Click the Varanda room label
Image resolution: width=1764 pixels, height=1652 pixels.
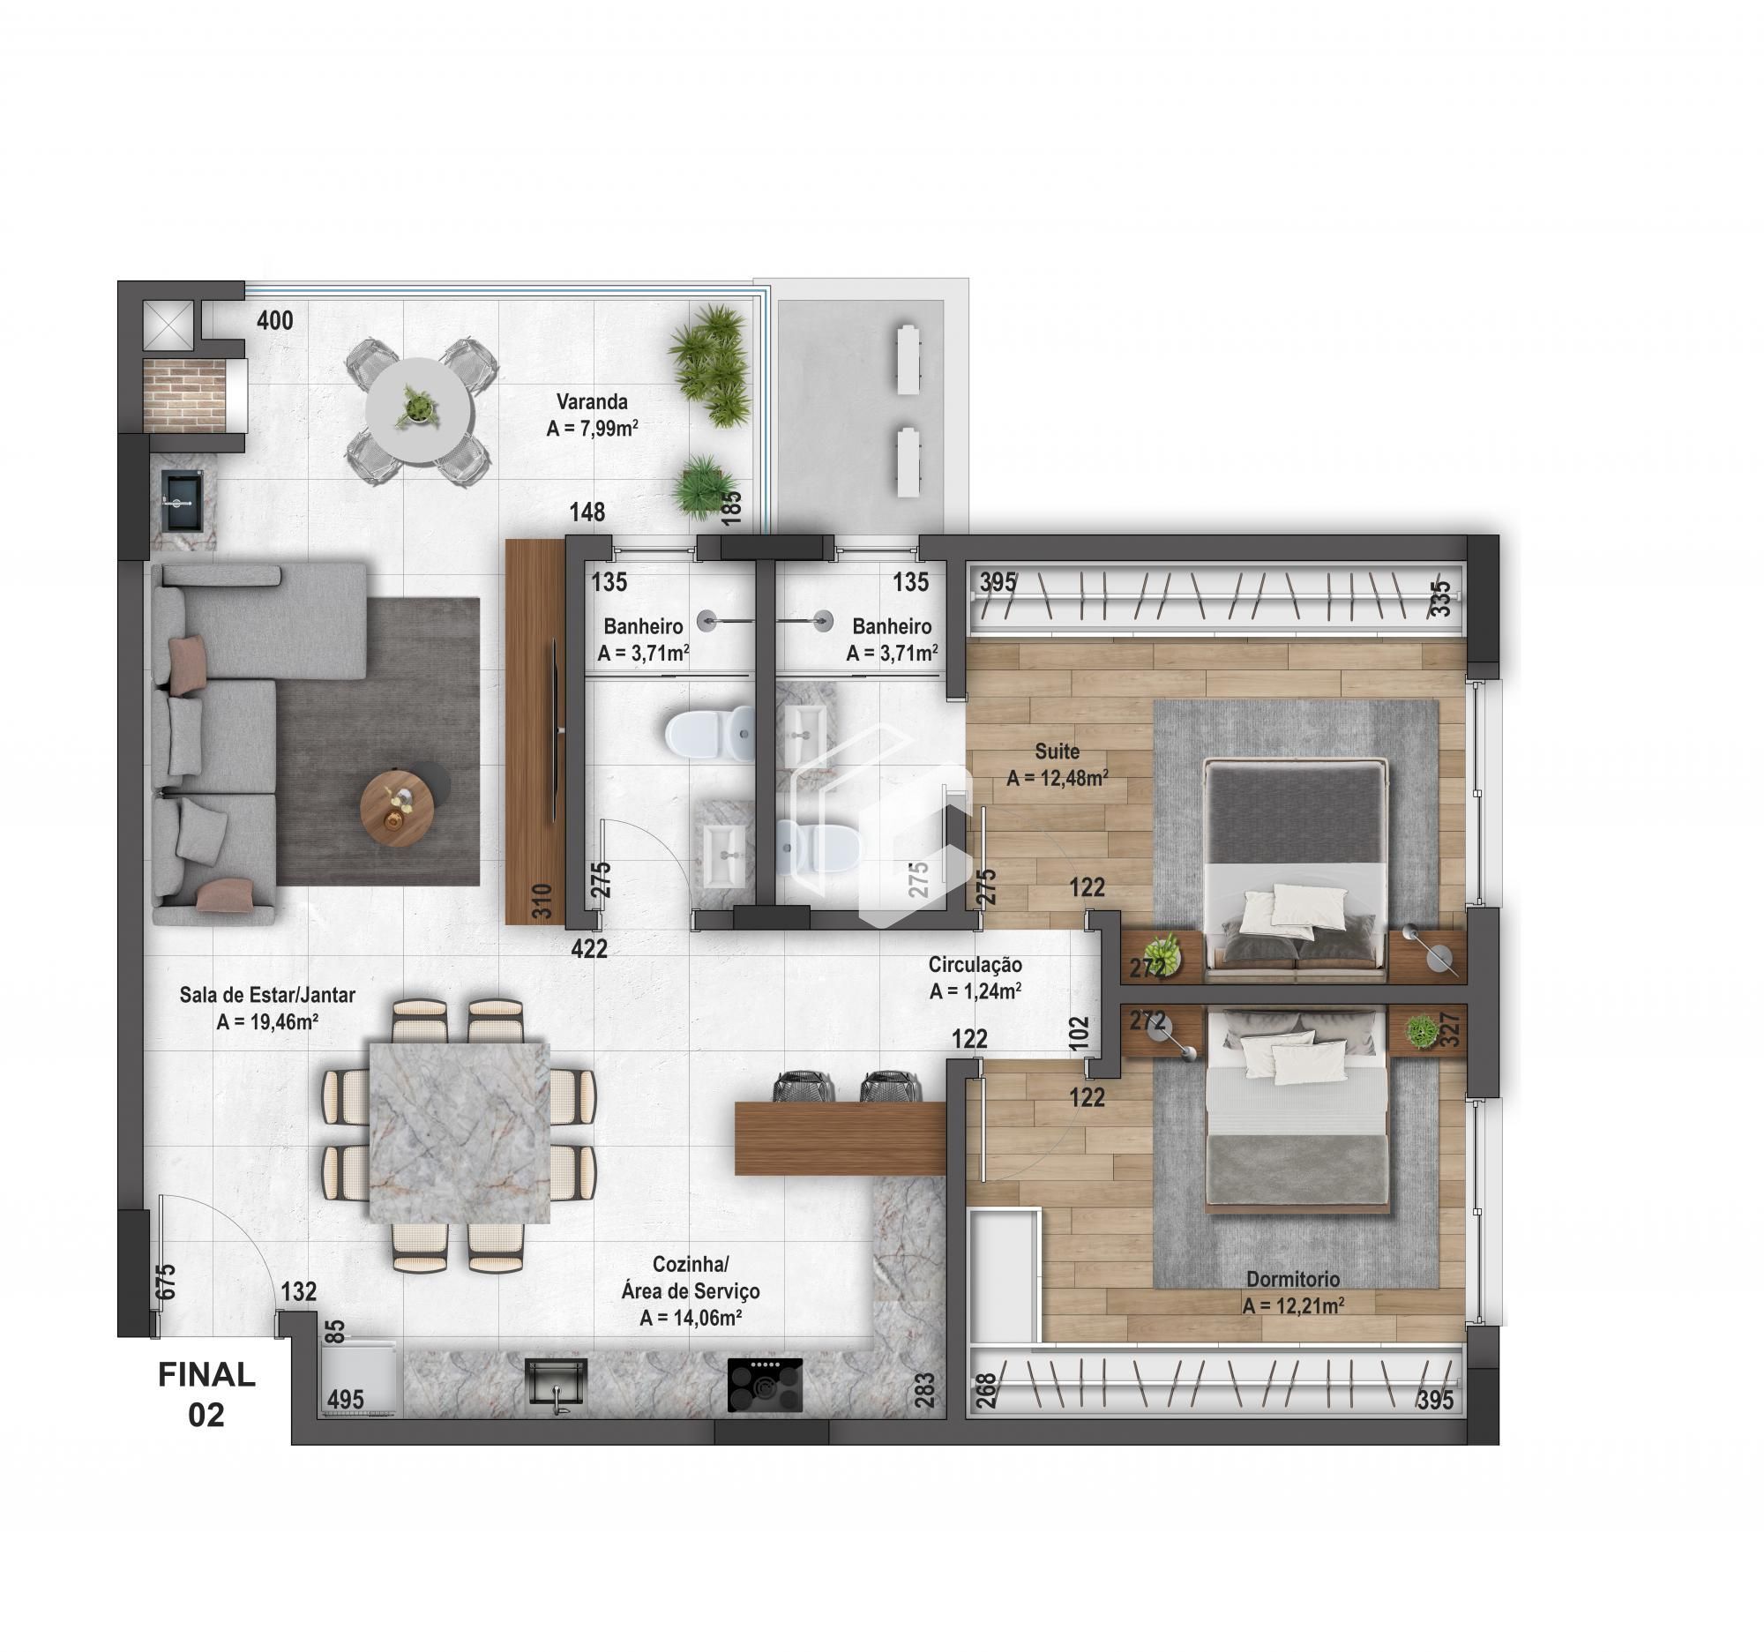592,401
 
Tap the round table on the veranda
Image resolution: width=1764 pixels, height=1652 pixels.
418,410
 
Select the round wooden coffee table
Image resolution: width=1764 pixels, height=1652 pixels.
399,808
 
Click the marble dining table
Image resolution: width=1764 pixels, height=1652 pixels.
458,1133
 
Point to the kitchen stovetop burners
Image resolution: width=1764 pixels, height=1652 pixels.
765,1385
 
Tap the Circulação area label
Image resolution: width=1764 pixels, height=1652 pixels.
975,964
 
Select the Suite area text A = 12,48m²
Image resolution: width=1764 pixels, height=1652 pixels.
1057,779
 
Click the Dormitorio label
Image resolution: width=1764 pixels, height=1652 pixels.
1293,1280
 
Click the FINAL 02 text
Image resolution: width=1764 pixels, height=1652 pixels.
206,1394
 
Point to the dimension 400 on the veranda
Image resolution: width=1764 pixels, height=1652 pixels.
275,320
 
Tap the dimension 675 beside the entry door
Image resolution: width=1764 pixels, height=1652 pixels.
166,1282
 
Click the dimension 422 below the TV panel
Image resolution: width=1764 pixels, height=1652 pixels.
589,949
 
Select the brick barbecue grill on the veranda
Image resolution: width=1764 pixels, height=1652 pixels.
183,395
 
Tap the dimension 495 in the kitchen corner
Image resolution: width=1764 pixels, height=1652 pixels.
345,1399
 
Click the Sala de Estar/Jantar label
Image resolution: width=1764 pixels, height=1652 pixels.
267,996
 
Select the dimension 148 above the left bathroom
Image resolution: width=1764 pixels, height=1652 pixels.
587,512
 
